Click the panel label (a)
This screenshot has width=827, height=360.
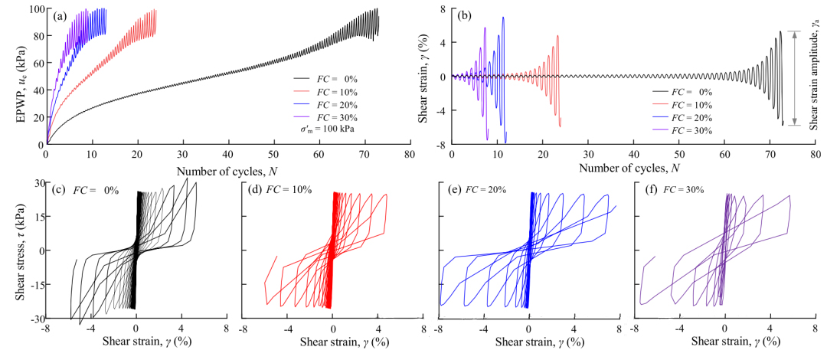pyautogui.click(x=59, y=15)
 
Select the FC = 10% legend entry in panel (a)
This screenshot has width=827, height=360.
pyautogui.click(x=325, y=91)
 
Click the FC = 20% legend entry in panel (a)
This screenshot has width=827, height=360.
pyautogui.click(x=325, y=104)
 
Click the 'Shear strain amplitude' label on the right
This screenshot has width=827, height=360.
pyautogui.click(x=816, y=77)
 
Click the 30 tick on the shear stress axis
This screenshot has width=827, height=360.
pyautogui.click(x=35, y=183)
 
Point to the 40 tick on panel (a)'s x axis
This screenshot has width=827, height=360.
pyautogui.click(x=228, y=154)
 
